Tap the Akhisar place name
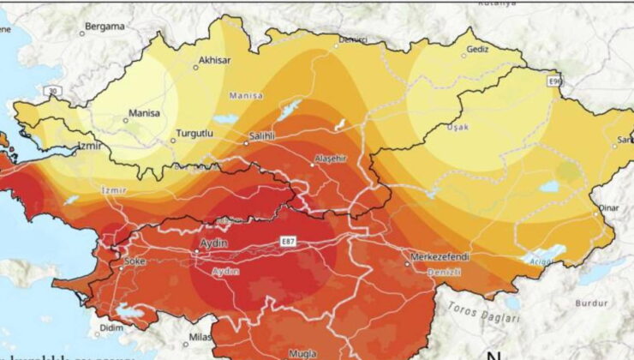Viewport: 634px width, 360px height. [x=214, y=60]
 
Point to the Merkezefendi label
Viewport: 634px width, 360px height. [x=436, y=256]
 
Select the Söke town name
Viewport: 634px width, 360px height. [x=136, y=261]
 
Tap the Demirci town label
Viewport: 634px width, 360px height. [x=354, y=39]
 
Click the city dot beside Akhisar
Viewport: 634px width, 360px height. [x=195, y=67]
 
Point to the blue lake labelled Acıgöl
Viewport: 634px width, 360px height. [x=546, y=254]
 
